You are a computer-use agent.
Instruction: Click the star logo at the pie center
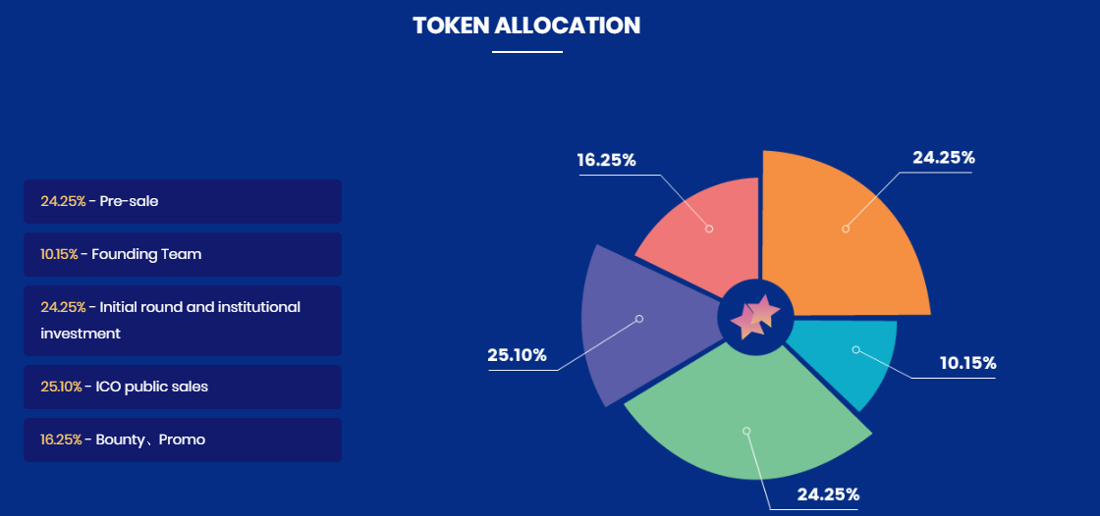point(755,317)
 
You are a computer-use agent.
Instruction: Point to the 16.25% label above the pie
point(606,160)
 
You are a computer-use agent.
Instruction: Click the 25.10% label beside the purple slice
point(517,355)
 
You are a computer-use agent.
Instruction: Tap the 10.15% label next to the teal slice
point(968,363)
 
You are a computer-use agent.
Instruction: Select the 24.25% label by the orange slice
point(944,158)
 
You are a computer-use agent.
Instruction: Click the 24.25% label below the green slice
point(828,494)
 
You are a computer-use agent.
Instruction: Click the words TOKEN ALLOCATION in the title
point(526,26)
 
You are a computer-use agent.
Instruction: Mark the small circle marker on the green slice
point(746,431)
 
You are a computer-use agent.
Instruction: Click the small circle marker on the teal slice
point(855,349)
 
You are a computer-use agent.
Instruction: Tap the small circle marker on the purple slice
point(639,319)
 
